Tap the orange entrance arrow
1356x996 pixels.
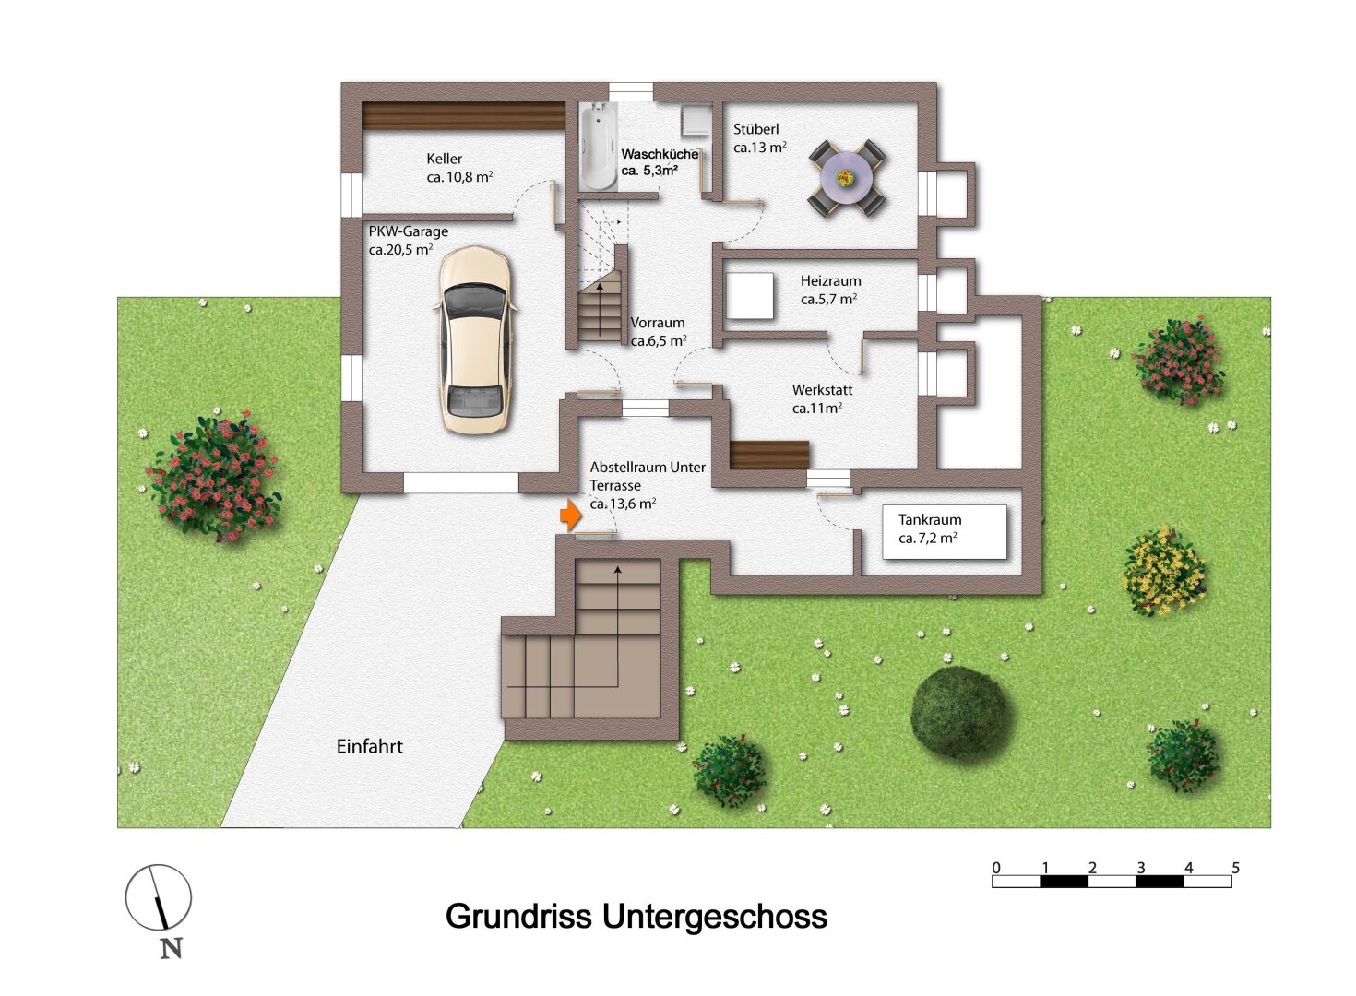[x=571, y=515]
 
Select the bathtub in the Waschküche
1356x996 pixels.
[x=598, y=146]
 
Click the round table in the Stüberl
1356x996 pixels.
[x=847, y=177]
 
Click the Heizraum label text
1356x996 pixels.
[x=830, y=281]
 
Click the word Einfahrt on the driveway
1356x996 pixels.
[x=369, y=747]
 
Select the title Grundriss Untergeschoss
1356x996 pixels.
[x=636, y=917]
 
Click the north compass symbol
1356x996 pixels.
[x=159, y=897]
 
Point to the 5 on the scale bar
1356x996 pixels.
[x=1235, y=868]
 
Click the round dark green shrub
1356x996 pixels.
[x=960, y=712]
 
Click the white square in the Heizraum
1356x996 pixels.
[x=749, y=296]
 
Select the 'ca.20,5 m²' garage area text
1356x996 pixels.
[x=400, y=250]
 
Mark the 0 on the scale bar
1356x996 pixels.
[x=996, y=868]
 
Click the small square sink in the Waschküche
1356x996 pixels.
[x=696, y=121]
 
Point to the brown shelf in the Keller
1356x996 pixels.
[x=463, y=116]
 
